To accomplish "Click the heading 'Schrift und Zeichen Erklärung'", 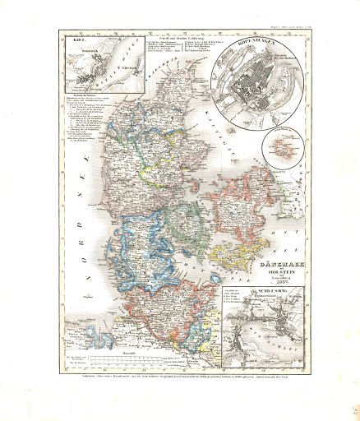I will pyautogui.click(x=176, y=36).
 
